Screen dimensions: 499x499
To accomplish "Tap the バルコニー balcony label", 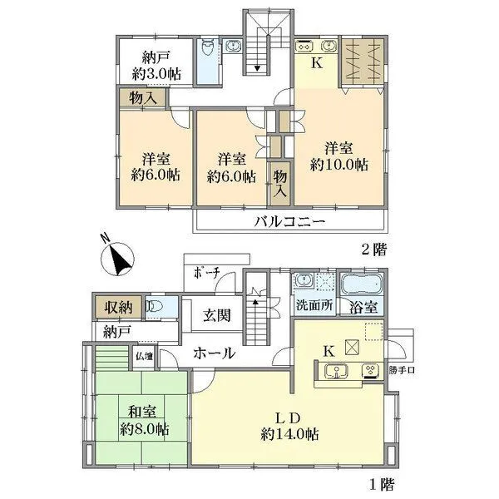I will pos(289,221).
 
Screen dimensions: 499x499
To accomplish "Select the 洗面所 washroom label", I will pos(315,305).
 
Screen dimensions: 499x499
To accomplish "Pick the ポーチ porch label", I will pos(206,273).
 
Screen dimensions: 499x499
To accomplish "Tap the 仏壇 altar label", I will pos(144,357).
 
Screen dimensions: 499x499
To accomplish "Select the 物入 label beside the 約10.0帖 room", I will pos(280,182).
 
